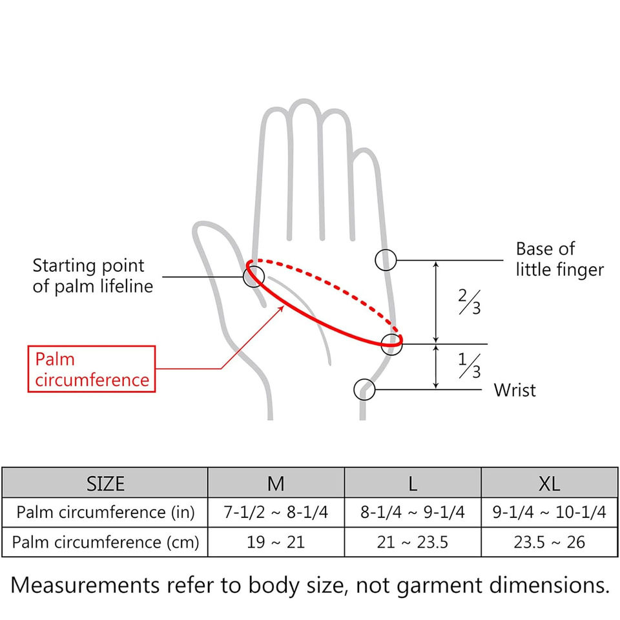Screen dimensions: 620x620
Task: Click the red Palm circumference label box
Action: coord(92,369)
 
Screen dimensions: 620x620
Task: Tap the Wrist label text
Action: coord(515,390)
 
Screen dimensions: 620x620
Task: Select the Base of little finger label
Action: coord(559,259)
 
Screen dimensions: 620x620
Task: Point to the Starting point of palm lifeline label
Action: coord(88,276)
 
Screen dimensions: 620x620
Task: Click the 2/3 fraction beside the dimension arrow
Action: coord(470,302)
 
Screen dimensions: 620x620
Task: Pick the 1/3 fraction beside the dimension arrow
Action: coord(470,366)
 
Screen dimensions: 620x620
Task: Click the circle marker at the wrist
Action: coord(364,389)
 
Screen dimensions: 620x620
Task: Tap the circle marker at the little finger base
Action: coord(386,260)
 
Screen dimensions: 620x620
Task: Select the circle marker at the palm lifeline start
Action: coord(253,276)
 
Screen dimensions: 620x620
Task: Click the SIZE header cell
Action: coord(105,483)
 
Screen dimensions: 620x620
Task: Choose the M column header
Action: coord(276,483)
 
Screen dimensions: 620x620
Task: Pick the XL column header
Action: coord(549,483)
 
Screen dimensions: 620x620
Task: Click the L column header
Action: coord(413,483)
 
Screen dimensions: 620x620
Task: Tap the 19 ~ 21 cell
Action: coord(276,542)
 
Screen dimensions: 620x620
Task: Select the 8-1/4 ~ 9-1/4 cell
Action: coord(413,513)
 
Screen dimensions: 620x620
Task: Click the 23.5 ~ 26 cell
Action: coord(549,542)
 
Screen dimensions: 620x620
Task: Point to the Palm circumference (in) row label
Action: coord(105,513)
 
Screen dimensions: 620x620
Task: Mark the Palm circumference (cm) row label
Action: coord(105,542)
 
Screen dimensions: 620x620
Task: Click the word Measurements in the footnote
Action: coord(85,585)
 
